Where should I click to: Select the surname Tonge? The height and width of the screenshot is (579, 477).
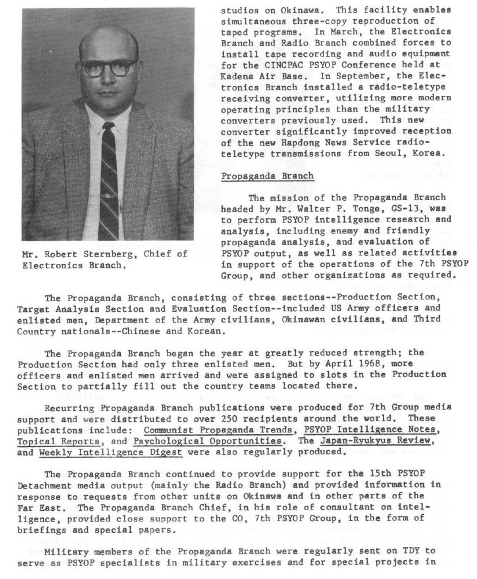click(362, 208)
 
